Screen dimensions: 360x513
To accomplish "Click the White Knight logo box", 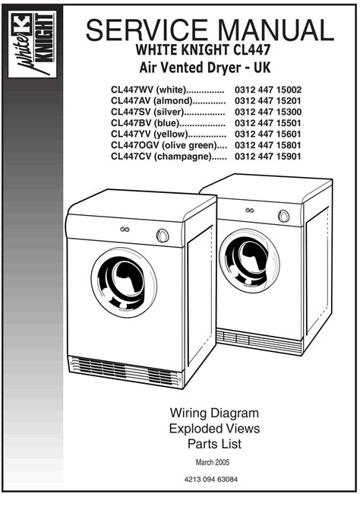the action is [x=33, y=45].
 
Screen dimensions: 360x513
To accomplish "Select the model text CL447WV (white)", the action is [x=148, y=90].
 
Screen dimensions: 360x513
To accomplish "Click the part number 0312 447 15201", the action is [x=268, y=101].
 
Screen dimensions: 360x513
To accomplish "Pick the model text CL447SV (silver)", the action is [x=147, y=112].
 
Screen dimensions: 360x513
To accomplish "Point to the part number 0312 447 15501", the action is [x=268, y=123].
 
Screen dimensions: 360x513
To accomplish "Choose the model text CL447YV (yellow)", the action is [x=150, y=135].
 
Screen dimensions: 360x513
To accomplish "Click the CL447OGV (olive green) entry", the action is [x=164, y=146].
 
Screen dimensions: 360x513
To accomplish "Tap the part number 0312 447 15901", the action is [x=268, y=157].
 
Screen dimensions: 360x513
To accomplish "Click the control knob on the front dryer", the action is [x=163, y=236].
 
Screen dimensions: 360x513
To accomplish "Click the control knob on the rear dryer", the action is [x=283, y=217].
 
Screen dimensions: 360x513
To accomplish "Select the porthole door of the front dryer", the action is [x=124, y=283].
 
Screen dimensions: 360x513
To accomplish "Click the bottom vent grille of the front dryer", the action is [x=126, y=372].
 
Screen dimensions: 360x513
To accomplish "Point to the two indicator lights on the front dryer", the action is [x=125, y=230].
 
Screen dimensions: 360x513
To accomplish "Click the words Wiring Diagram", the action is [x=214, y=413].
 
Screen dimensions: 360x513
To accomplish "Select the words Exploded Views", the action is [x=214, y=429].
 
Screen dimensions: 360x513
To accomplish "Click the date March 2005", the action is [x=213, y=462].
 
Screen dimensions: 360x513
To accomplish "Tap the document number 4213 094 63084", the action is [x=211, y=480].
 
